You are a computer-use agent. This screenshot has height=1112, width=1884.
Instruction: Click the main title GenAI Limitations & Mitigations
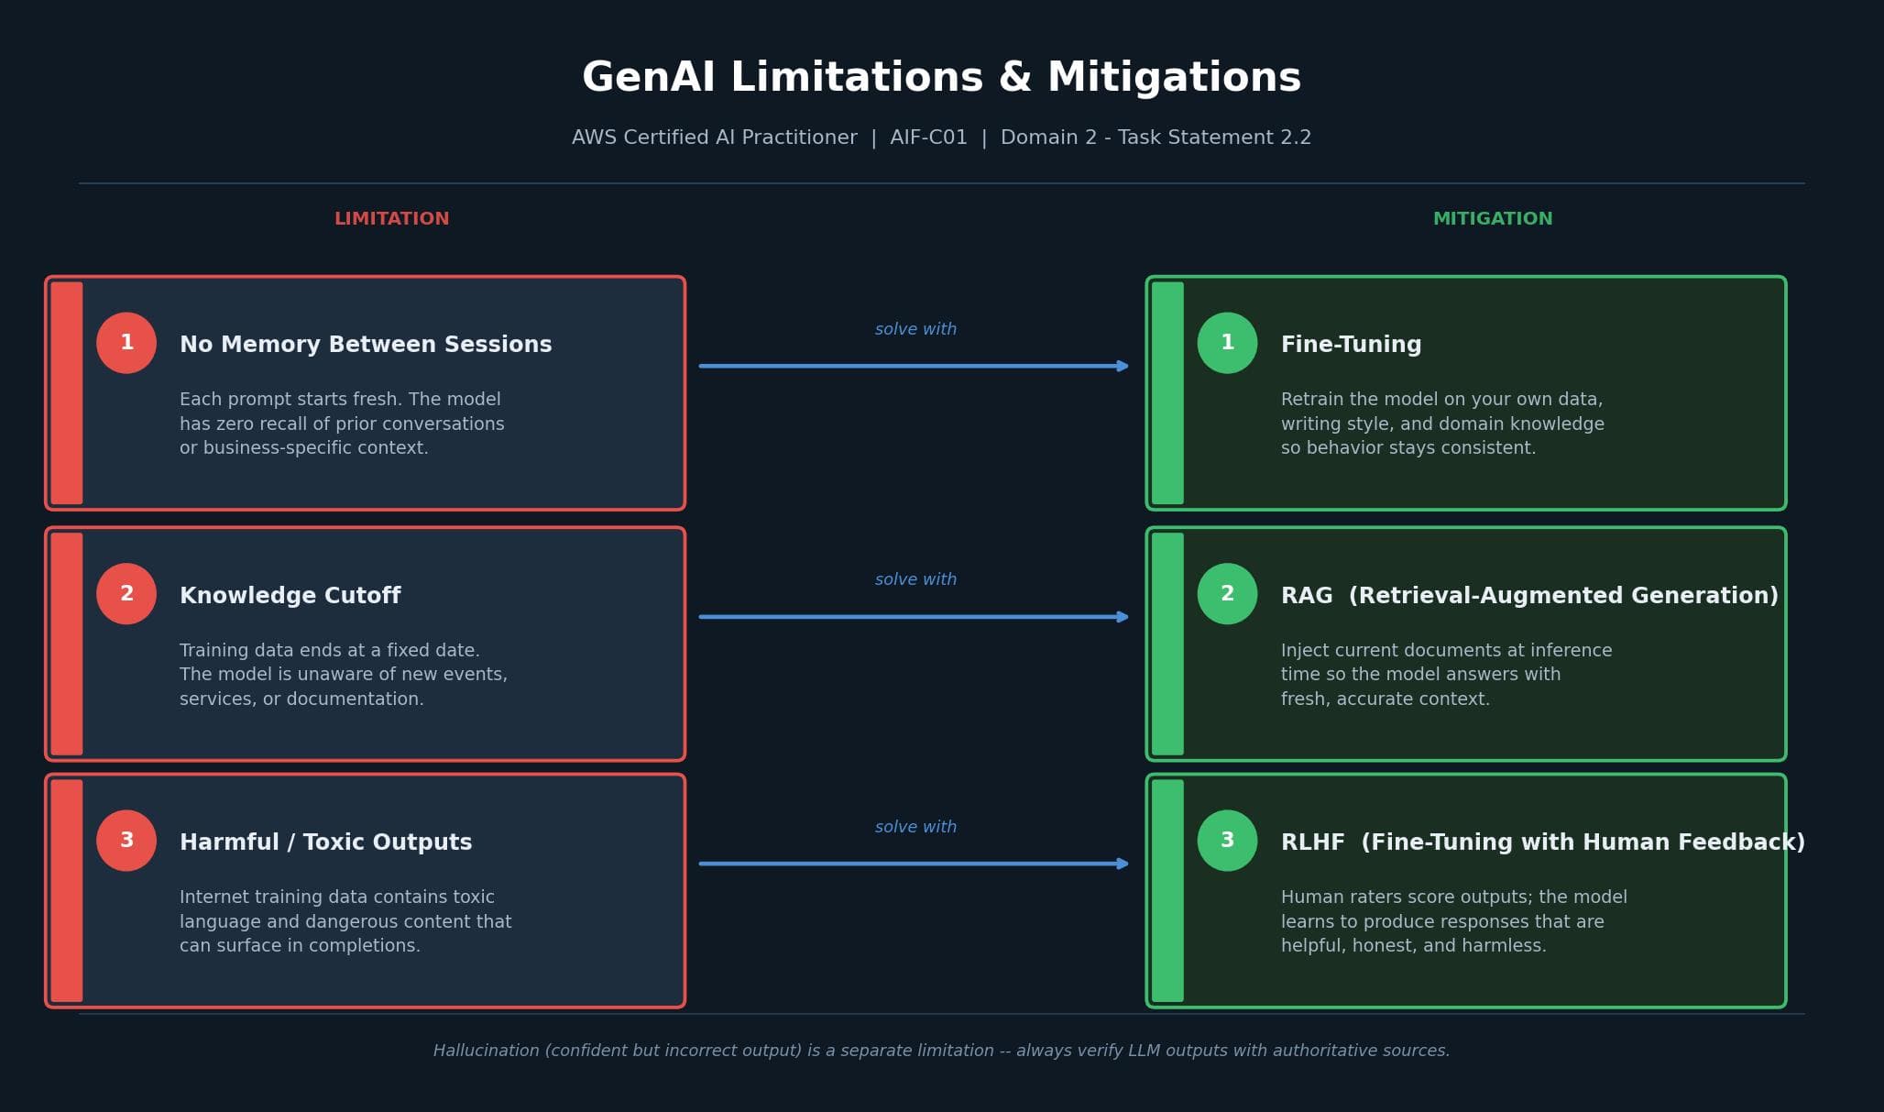pyautogui.click(x=941, y=78)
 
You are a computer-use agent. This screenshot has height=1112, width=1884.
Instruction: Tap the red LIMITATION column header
pyautogui.click(x=391, y=219)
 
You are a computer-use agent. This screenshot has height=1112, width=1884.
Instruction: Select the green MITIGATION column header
pyautogui.click(x=1492, y=219)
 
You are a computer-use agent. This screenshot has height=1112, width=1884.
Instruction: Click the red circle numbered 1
pyautogui.click(x=126, y=343)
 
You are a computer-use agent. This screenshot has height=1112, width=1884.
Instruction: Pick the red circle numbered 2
pyautogui.click(x=126, y=594)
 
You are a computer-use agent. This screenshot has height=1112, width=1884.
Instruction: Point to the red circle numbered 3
pyautogui.click(x=126, y=841)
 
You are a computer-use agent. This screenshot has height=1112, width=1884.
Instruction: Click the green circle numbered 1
pyautogui.click(x=1227, y=343)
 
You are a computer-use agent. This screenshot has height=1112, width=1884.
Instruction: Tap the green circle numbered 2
pyautogui.click(x=1227, y=594)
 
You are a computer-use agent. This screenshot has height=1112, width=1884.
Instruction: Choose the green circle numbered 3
pyautogui.click(x=1227, y=841)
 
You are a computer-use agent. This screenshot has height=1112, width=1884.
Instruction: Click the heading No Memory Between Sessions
pyautogui.click(x=366, y=345)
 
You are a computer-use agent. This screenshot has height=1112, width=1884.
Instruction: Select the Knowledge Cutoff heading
pyautogui.click(x=290, y=596)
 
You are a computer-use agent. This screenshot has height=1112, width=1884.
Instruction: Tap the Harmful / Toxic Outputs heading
pyautogui.click(x=325, y=842)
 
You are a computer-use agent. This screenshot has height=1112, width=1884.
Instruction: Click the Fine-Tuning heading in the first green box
pyautogui.click(x=1351, y=345)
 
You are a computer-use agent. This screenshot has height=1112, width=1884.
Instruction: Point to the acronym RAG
pyautogui.click(x=1307, y=596)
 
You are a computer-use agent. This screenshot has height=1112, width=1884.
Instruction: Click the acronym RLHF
pyautogui.click(x=1312, y=842)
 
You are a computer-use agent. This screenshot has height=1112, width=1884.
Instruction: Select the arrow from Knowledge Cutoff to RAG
pyautogui.click(x=914, y=617)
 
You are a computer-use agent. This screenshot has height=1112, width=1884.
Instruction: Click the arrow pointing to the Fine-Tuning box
pyautogui.click(x=914, y=366)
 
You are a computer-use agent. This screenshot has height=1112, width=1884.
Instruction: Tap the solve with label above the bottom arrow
pyautogui.click(x=915, y=827)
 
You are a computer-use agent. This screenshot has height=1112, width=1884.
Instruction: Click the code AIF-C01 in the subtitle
pyautogui.click(x=928, y=138)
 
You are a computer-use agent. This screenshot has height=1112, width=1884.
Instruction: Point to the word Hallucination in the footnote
pyautogui.click(x=486, y=1051)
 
